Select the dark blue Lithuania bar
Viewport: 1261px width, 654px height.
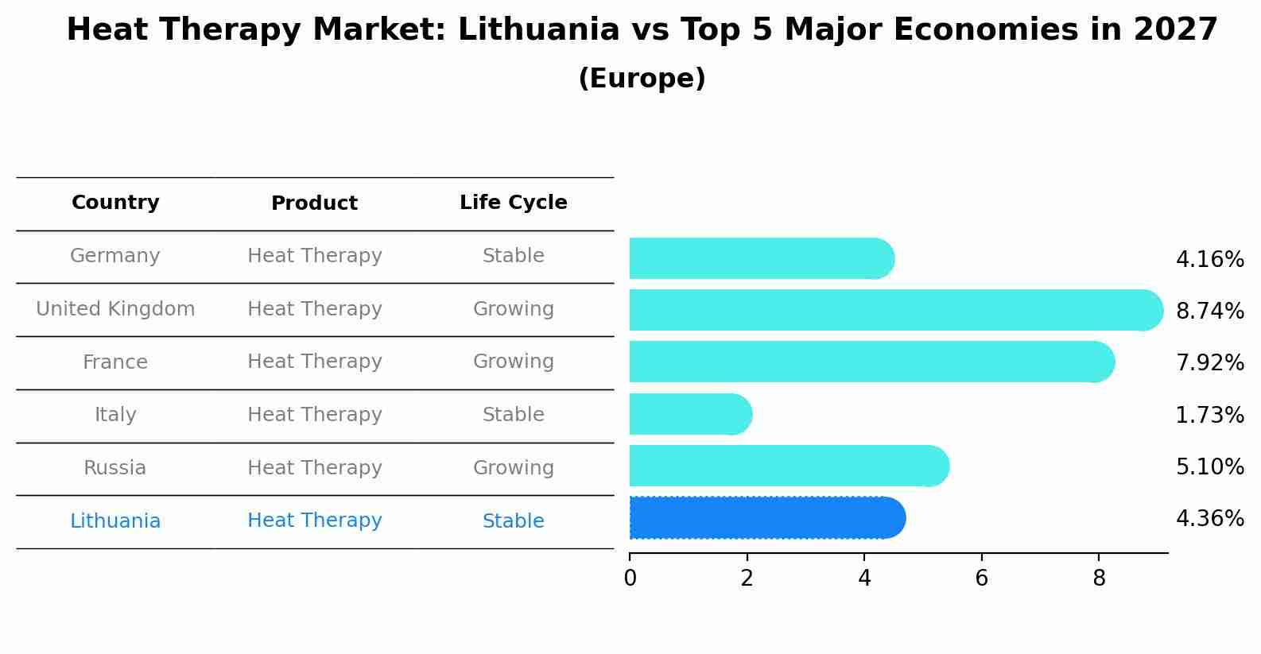coord(766,518)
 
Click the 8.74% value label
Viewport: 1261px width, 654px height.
coord(1209,311)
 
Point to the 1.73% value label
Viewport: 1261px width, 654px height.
coord(1209,415)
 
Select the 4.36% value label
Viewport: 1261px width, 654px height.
coord(1209,519)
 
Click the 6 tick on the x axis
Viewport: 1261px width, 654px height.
coord(981,579)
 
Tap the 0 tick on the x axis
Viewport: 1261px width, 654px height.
coord(630,579)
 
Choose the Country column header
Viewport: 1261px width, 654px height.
coord(115,203)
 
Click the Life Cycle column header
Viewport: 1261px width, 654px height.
coord(513,203)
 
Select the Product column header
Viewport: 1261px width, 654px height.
coord(314,203)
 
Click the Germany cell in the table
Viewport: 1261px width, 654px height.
coord(115,256)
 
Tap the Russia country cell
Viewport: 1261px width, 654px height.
coord(115,468)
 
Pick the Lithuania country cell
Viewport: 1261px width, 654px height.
coord(115,521)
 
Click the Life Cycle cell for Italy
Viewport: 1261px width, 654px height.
coord(513,415)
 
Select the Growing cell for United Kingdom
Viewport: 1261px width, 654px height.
coord(513,309)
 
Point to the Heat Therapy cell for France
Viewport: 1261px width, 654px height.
coord(314,362)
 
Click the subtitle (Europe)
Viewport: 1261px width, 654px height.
coord(642,79)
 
